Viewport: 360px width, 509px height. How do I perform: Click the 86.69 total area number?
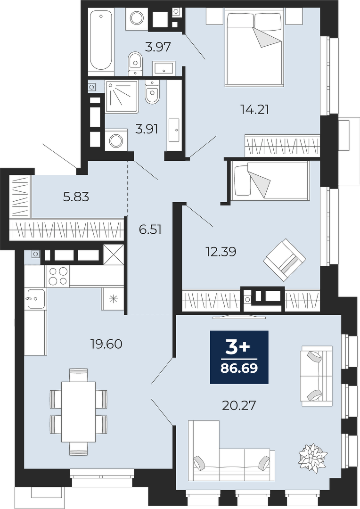coord(239,369)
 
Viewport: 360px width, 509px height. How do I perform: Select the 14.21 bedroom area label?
coord(255,110)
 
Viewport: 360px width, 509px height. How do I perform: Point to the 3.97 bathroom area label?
coord(158,48)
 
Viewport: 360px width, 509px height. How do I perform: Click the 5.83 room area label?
coord(76,197)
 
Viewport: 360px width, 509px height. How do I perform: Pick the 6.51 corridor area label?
coord(150,230)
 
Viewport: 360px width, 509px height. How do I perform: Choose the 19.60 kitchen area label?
coord(106,344)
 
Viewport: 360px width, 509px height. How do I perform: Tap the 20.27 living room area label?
coord(239,405)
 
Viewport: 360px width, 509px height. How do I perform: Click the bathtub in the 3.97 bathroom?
coord(101,41)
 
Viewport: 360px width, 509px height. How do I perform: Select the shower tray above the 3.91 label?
coord(122,97)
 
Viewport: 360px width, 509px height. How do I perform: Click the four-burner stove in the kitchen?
coord(58,276)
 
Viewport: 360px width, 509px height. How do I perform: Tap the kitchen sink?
coord(36,299)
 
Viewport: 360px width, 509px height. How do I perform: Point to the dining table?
coord(79,411)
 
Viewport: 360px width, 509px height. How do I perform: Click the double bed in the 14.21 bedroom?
coord(255,48)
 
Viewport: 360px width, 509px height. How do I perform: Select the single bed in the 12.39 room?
coord(271,181)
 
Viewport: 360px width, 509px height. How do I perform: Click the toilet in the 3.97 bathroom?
coord(135,63)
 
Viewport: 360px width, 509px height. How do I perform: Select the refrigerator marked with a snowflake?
coord(113,298)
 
